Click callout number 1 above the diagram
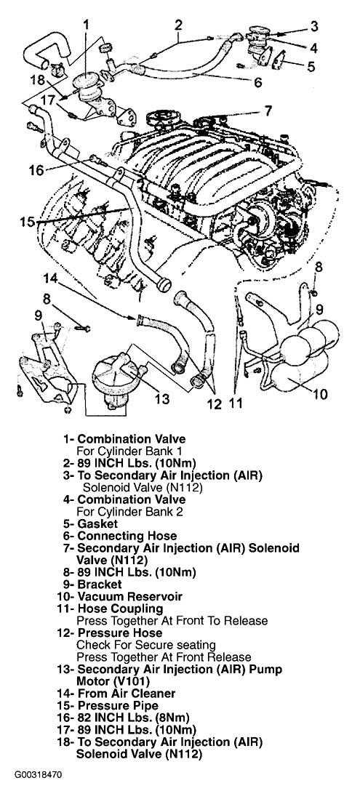pyautogui.click(x=87, y=24)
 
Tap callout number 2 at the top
pyautogui.click(x=178, y=25)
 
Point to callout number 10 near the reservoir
pyautogui.click(x=320, y=395)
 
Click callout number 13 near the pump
pyautogui.click(x=161, y=398)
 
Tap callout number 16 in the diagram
pyautogui.click(x=36, y=170)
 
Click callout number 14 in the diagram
pyautogui.click(x=51, y=278)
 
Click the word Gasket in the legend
pyautogui.click(x=98, y=524)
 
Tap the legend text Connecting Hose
pyautogui.click(x=127, y=537)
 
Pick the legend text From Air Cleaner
pyautogui.click(x=126, y=694)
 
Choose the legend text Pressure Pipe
pyautogui.click(x=117, y=706)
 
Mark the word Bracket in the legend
pyautogui.click(x=100, y=585)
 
